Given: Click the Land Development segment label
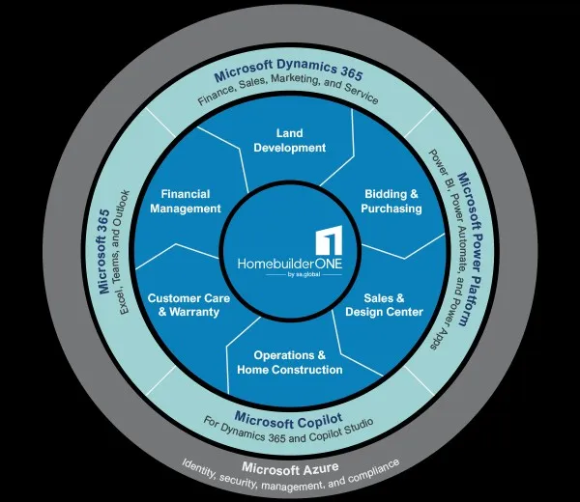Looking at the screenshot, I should (289, 140).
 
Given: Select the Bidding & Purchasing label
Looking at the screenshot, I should (391, 201).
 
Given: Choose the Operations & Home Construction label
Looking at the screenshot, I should (289, 362).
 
